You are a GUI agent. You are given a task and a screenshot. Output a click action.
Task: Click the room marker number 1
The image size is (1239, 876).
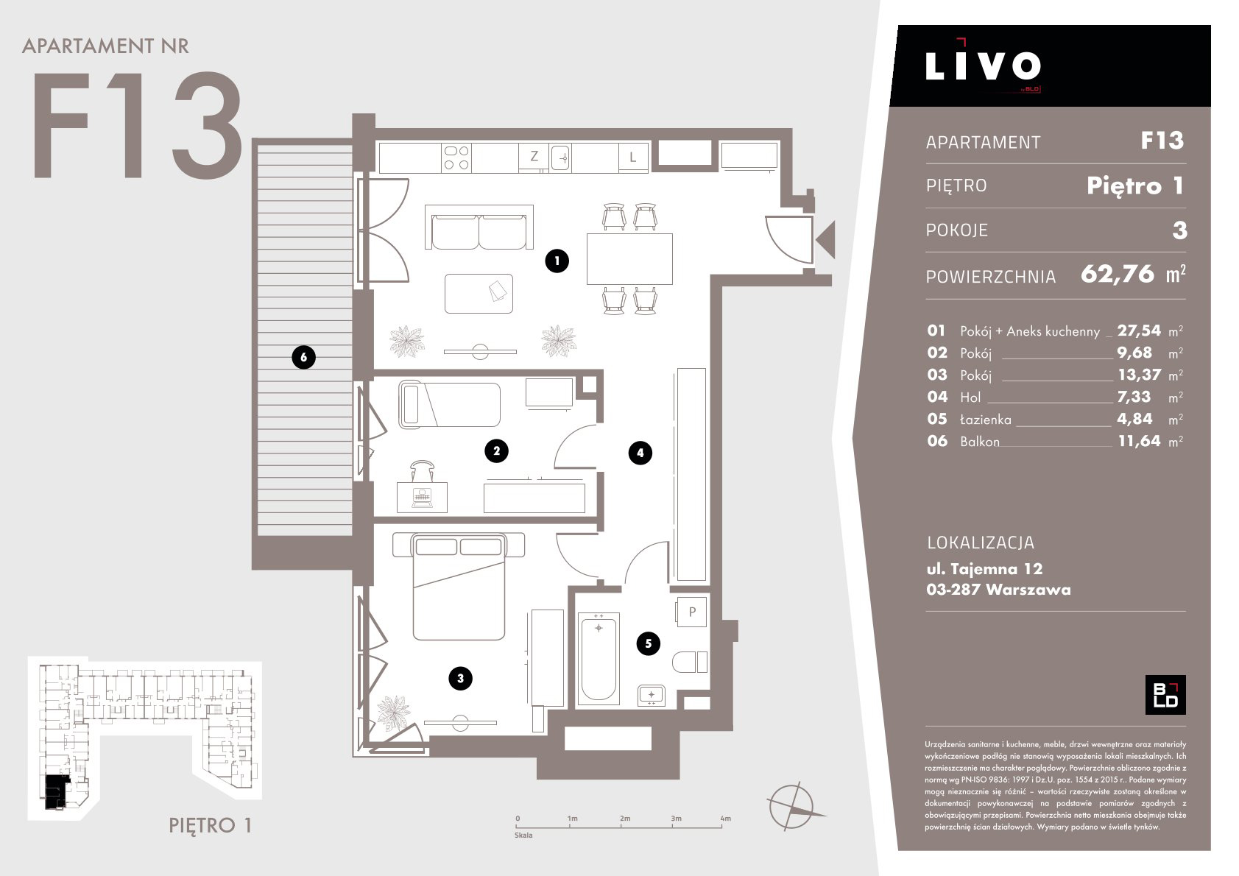557,261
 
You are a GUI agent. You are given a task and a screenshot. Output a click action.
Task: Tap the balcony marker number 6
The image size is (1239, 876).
303,357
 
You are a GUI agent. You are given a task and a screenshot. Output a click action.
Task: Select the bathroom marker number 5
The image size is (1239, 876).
649,643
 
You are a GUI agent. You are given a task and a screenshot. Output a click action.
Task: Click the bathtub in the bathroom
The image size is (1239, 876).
598,658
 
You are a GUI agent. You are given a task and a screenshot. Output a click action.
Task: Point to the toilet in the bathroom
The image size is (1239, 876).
690,662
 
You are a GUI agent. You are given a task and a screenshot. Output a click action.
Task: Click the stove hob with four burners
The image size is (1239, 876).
457,158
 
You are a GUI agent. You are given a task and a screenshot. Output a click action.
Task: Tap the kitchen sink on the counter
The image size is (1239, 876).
560,158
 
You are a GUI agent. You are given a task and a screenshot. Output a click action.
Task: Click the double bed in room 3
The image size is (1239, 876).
459,586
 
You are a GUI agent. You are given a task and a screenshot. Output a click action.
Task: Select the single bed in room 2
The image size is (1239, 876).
449,403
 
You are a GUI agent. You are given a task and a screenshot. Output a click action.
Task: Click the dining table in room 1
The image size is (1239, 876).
629,259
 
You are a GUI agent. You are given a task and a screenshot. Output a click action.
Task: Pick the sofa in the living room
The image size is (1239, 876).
479,227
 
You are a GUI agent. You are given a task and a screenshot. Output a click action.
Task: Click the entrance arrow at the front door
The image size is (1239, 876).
825,240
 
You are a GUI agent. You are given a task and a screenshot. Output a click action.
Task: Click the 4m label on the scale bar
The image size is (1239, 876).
725,819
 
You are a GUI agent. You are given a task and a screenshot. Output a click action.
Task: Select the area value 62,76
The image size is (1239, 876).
1118,275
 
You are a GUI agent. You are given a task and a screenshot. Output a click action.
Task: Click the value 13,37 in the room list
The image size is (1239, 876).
1139,375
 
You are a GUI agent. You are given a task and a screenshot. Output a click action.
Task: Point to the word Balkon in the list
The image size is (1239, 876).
980,442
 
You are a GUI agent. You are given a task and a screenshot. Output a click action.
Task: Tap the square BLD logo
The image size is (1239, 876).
1165,695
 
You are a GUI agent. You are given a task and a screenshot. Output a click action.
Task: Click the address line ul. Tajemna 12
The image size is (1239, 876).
984,569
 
